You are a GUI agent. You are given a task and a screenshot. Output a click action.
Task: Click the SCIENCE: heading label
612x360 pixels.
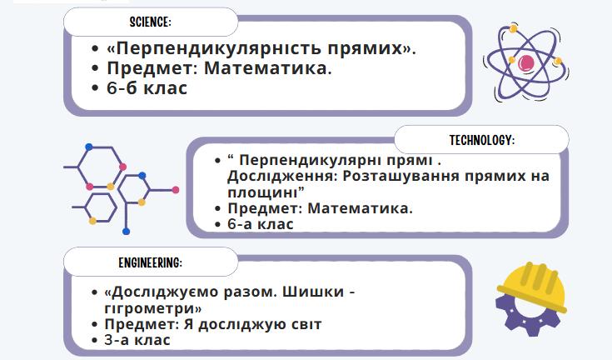(x=150, y=22)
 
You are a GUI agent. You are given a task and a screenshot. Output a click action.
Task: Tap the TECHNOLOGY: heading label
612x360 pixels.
(x=482, y=140)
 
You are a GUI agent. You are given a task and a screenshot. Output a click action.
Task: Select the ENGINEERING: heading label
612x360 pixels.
(x=150, y=262)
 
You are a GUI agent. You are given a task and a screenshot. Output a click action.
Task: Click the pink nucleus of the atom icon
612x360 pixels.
(x=526, y=62)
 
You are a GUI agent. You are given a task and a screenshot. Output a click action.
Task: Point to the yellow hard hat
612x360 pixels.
(x=532, y=286)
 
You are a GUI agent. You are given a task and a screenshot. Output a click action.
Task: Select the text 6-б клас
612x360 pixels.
(x=147, y=87)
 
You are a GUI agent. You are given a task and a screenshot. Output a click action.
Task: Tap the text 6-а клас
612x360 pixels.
(x=261, y=224)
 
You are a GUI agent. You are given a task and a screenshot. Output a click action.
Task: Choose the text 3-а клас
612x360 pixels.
(x=137, y=340)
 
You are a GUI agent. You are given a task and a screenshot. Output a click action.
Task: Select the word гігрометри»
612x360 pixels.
(x=153, y=308)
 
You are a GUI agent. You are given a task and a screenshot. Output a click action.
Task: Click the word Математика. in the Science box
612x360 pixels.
(x=268, y=68)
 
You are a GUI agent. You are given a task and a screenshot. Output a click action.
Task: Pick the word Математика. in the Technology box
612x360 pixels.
(x=361, y=208)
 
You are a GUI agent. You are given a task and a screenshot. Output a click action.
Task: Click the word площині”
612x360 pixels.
(x=266, y=192)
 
